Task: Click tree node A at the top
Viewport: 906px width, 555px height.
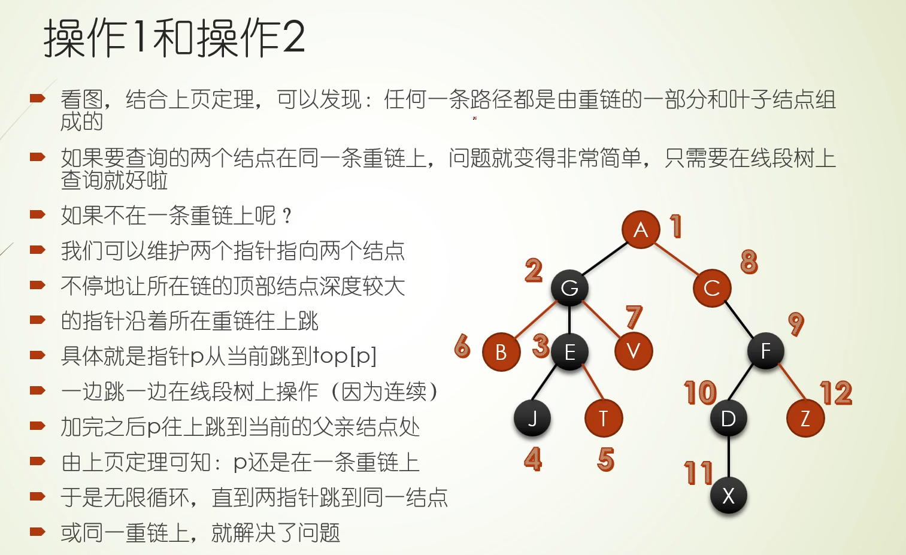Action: (641, 229)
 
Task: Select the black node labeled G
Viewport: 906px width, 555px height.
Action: (569, 288)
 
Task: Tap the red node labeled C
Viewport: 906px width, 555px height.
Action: (712, 288)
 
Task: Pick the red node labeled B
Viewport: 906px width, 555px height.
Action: (501, 352)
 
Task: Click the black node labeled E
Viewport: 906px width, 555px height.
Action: (569, 352)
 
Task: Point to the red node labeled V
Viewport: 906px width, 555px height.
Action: (634, 351)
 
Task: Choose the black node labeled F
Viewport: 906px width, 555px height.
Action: (765, 351)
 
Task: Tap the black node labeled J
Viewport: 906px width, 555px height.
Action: (532, 418)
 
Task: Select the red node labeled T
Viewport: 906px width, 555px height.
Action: (604, 418)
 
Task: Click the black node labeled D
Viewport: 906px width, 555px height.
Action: (728, 418)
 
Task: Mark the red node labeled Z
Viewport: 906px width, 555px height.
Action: (805, 418)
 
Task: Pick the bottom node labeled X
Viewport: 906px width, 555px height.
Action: (728, 496)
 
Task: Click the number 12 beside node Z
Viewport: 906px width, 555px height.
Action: (837, 393)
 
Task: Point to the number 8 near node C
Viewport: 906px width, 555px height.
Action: (749, 262)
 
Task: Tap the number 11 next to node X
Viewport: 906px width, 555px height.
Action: (698, 472)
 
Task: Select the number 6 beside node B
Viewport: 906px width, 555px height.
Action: (462, 345)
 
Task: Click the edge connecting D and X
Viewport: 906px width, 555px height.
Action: (729, 457)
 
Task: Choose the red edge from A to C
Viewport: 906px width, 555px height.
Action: (677, 259)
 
